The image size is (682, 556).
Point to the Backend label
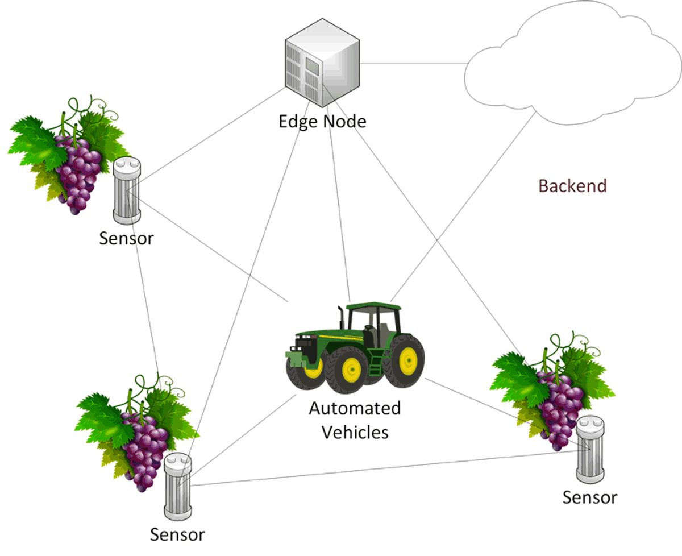[572, 186]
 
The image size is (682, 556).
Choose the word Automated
[355, 408]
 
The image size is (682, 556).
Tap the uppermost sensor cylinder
[127, 191]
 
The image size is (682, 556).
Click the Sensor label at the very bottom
[177, 534]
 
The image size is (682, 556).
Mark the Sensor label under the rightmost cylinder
[589, 497]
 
